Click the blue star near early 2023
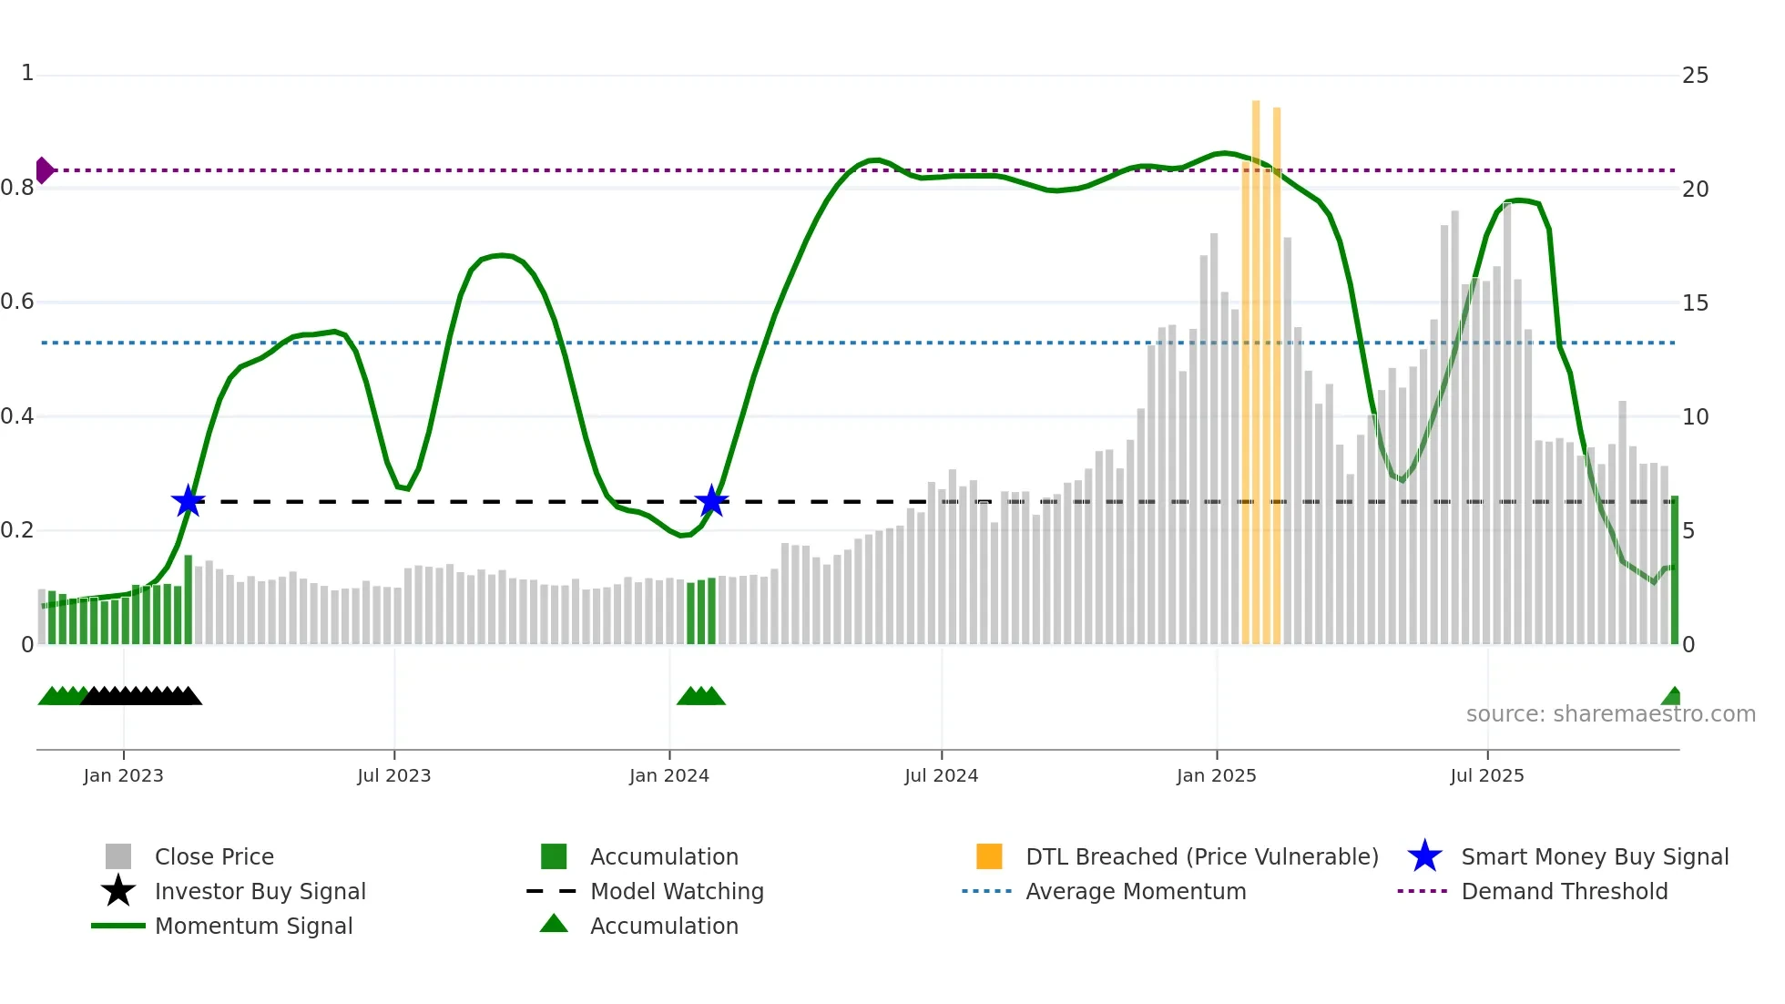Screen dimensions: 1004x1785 coord(188,501)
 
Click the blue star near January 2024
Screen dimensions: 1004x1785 coord(711,501)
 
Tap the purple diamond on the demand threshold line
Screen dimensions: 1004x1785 coord(44,170)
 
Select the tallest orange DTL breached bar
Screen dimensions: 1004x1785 coord(1256,364)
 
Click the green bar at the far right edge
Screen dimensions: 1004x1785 coord(1674,569)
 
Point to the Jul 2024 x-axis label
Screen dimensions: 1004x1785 coord(941,775)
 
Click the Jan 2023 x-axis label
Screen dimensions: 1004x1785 coord(123,775)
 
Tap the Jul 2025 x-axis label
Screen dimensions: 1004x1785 coord(1486,775)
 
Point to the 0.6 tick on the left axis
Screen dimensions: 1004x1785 coord(17,302)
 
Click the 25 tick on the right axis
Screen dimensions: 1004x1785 coord(1695,76)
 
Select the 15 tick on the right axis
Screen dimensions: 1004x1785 coord(1695,303)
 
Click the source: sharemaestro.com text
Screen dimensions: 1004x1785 coord(1610,714)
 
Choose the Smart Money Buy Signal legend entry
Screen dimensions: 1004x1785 coord(1594,857)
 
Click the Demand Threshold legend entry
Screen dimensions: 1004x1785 coord(1564,892)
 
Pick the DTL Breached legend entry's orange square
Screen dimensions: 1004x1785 coord(989,856)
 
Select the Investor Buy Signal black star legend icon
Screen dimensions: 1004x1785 coord(118,891)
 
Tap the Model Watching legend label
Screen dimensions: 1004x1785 coord(677,892)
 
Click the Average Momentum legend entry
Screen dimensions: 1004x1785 coord(1135,892)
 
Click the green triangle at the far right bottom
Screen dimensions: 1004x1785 coord(1672,697)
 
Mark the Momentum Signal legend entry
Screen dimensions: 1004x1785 coord(253,927)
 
